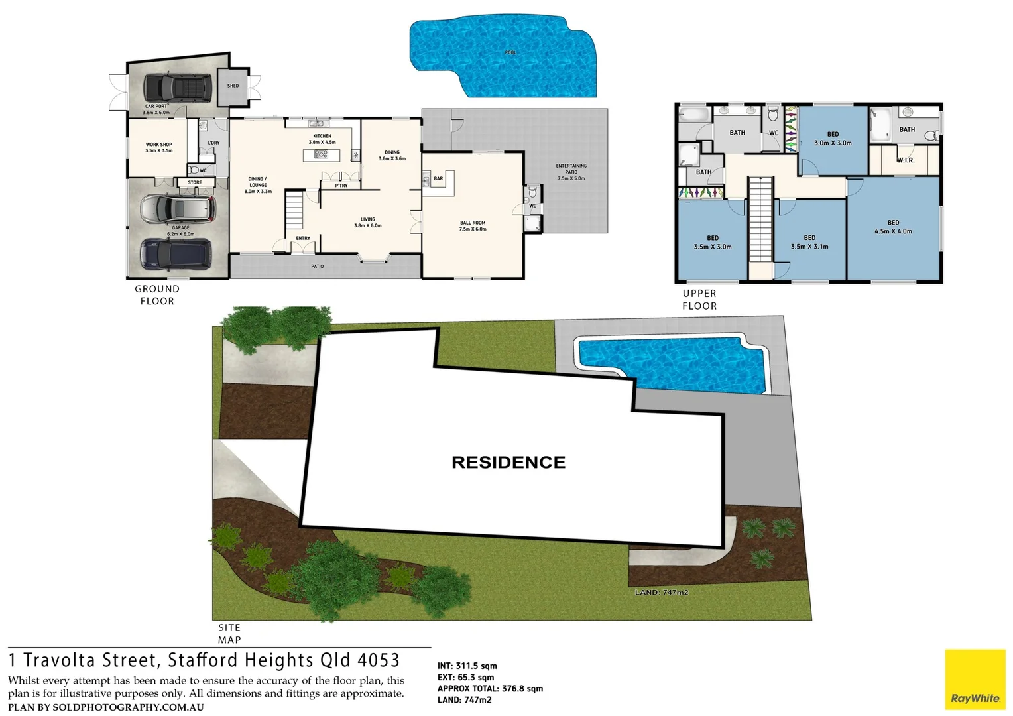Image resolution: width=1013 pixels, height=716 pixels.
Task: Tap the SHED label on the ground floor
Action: coord(233,86)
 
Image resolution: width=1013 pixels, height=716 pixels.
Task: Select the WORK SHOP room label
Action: coord(159,147)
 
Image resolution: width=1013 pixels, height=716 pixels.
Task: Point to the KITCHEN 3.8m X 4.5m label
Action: coord(322,139)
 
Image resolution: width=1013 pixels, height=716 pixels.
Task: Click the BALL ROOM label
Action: coord(473,226)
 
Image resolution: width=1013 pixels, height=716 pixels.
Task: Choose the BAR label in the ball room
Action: coord(438,178)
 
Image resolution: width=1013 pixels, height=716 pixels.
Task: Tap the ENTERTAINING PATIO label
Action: coord(571,172)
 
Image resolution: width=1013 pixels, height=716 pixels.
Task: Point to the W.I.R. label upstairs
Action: coord(906,160)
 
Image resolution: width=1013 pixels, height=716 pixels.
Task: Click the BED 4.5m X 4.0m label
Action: coord(893,227)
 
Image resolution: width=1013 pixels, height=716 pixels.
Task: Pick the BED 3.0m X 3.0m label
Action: coord(833,139)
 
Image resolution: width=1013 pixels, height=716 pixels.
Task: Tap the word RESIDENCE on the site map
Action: coord(508,463)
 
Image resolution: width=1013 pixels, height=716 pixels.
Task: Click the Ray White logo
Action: coord(975,680)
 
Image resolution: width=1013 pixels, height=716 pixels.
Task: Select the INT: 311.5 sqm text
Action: coord(467,666)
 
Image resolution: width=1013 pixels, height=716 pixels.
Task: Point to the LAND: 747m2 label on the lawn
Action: coord(661,592)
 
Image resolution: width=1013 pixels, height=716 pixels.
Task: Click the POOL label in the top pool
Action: coord(510,52)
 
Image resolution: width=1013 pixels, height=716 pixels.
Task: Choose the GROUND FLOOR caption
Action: coord(157,295)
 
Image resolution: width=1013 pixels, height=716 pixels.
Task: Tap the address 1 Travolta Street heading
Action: coord(204,660)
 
